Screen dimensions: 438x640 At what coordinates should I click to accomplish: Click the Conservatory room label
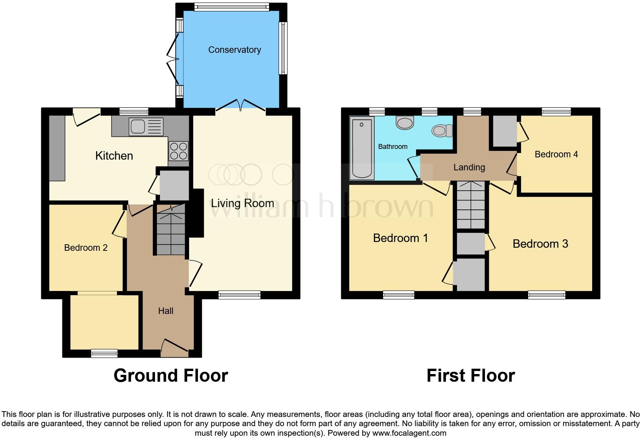[234, 50]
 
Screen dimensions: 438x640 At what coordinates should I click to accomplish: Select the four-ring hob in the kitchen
[178, 151]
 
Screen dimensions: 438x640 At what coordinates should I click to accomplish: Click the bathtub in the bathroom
[362, 148]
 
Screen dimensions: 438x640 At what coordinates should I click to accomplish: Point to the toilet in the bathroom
[442, 131]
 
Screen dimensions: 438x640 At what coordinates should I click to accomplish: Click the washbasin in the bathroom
[405, 123]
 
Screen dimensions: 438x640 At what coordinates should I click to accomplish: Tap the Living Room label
[242, 203]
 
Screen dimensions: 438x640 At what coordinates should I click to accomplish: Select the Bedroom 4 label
[556, 154]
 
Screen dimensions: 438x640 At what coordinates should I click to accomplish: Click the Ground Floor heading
[171, 376]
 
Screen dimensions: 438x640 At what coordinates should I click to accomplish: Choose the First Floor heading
[470, 376]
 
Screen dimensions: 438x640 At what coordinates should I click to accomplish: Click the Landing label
[469, 167]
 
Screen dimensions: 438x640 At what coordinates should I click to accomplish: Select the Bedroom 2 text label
[86, 248]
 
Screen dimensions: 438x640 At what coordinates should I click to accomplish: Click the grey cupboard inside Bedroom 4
[504, 131]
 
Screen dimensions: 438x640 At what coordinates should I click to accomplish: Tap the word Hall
[166, 311]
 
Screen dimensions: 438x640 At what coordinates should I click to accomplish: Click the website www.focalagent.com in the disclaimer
[409, 433]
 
